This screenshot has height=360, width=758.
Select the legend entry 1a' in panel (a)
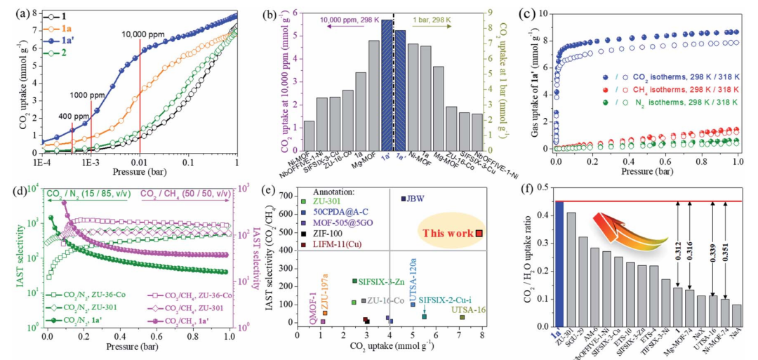70,41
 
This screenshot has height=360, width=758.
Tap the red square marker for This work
478,234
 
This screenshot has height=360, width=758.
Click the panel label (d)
13,190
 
